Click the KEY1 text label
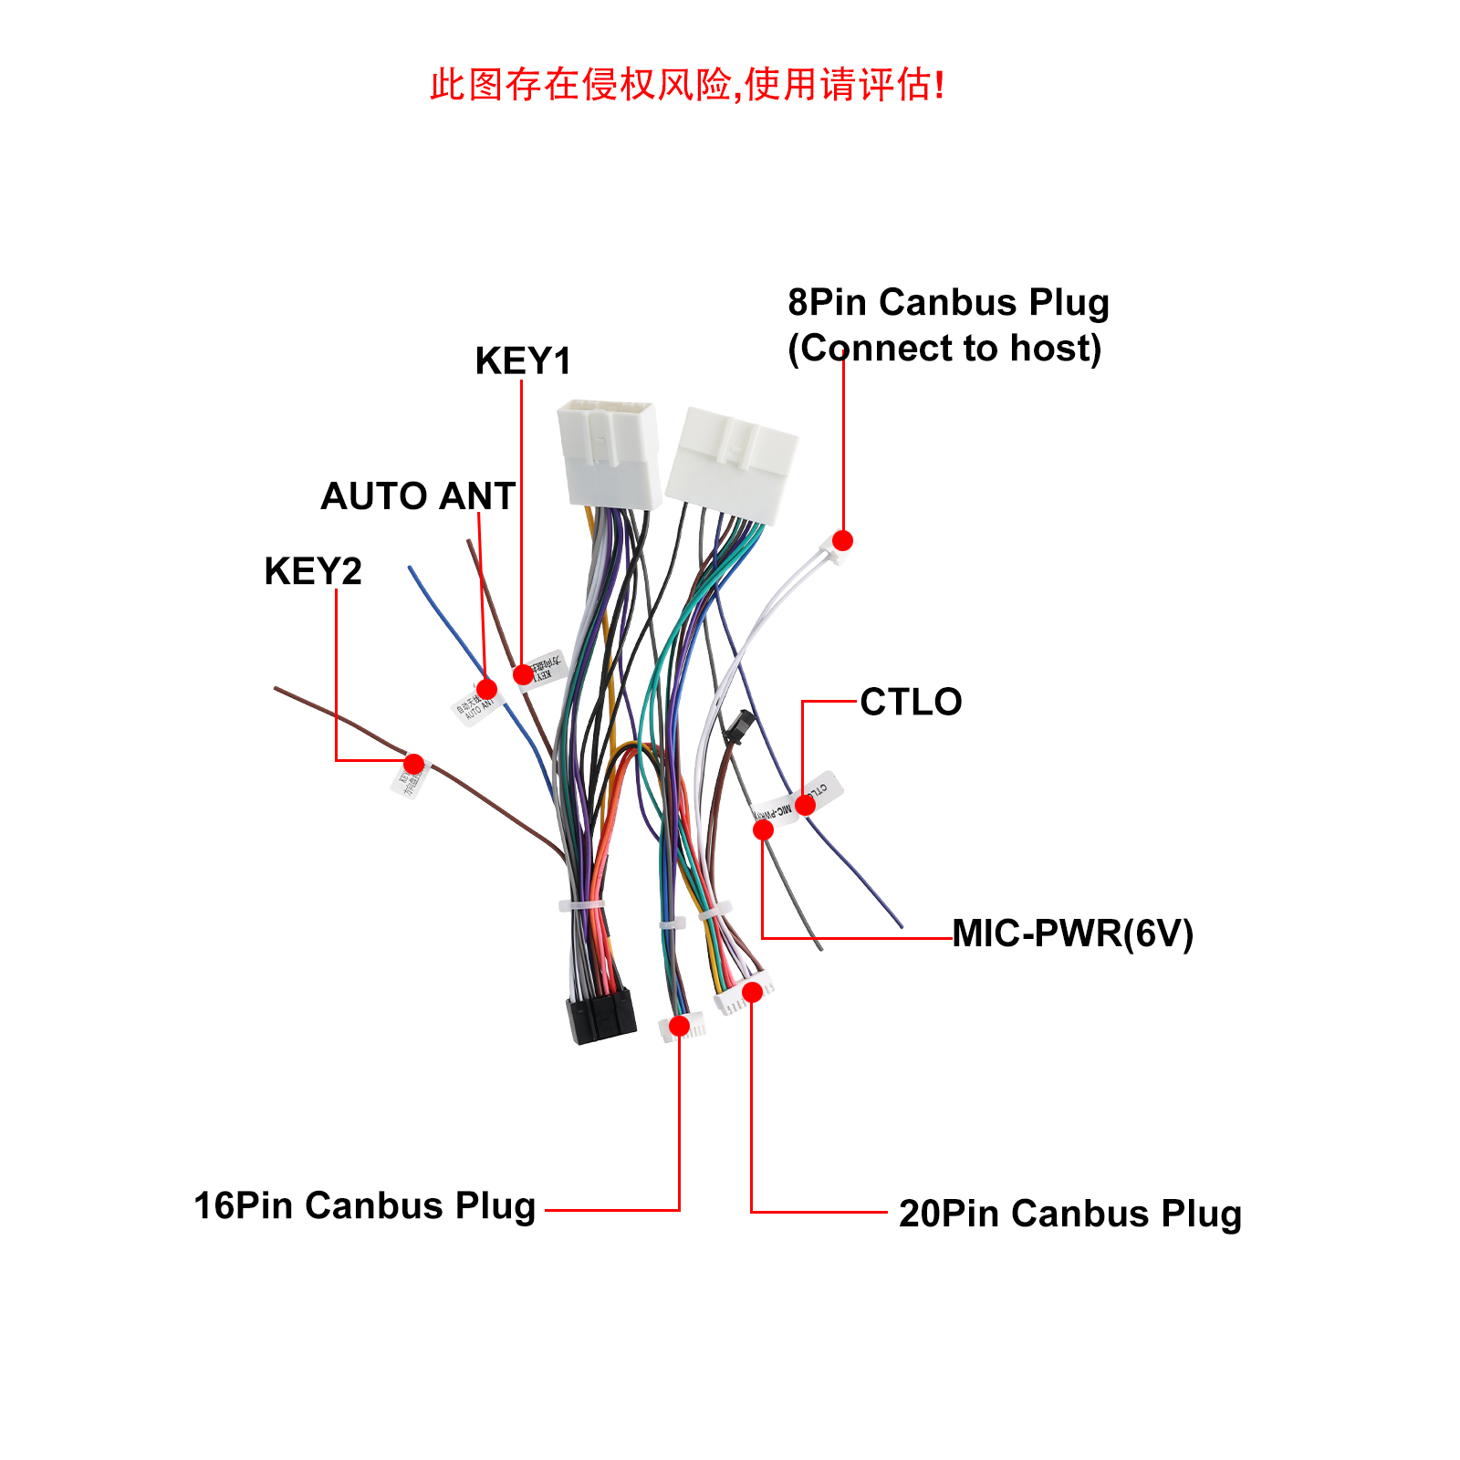coord(523,361)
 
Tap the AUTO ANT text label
coord(418,496)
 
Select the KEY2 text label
coord(313,571)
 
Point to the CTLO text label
coord(911,702)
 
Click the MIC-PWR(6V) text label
coord(1072,933)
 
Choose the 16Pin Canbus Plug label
coord(365,1205)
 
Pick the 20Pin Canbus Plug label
coord(1070,1214)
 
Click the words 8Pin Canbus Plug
coord(948,302)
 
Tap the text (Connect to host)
coord(944,349)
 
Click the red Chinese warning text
coord(687,85)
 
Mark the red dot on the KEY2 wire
coord(413,764)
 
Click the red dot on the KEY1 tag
coord(522,674)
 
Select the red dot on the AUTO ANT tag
coord(486,689)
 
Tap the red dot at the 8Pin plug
coord(843,540)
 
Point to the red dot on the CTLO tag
coord(805,805)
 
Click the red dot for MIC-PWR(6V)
coord(763,829)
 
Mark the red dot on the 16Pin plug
coord(679,1027)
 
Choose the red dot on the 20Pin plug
coord(752,992)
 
